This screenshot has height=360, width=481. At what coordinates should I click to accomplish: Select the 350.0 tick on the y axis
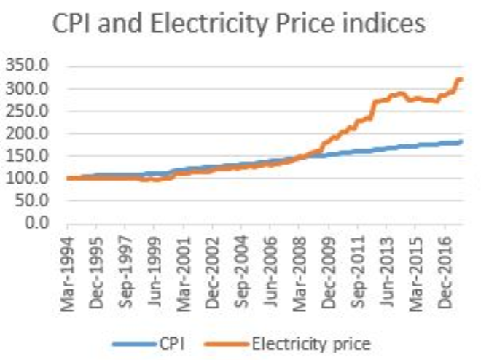point(29,66)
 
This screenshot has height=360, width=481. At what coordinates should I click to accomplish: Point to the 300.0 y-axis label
point(29,89)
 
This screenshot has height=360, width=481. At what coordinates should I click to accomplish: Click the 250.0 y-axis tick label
point(29,111)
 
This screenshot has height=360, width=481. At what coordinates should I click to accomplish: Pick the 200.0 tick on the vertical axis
point(29,133)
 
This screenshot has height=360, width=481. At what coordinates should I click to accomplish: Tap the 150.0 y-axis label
point(29,156)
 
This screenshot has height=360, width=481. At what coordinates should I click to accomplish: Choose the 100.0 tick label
point(29,179)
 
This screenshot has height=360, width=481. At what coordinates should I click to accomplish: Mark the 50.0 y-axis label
point(32,200)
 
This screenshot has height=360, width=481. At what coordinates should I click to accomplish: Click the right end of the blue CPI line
point(461,141)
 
